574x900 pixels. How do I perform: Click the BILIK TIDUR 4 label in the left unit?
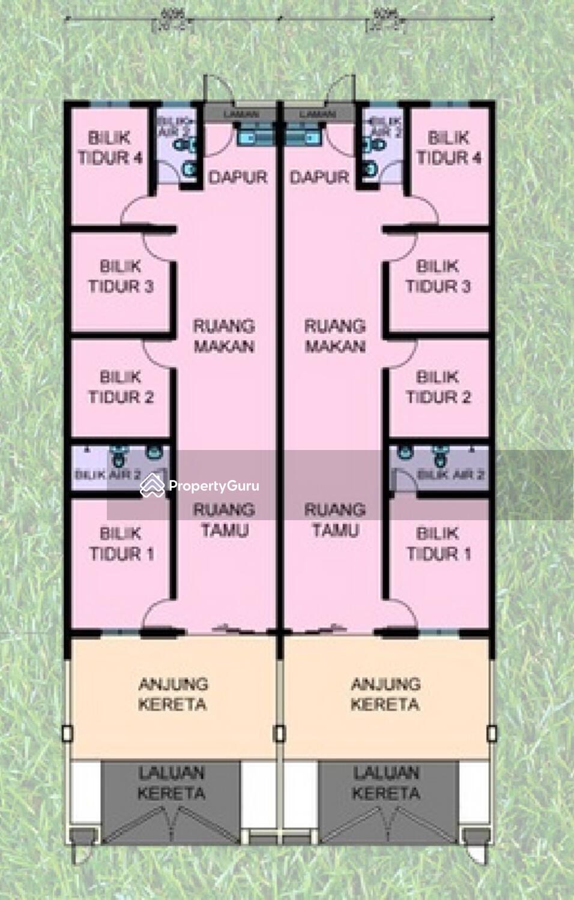pos(110,148)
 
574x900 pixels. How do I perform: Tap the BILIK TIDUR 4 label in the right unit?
pos(449,148)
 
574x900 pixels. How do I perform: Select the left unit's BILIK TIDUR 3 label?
pos(121,276)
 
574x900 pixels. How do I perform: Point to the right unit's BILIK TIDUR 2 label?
pos(438,387)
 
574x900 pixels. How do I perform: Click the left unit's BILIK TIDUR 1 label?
pos(121,543)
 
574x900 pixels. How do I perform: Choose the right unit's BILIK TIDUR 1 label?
pos(438,543)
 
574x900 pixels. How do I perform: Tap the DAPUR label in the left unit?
pos(238,177)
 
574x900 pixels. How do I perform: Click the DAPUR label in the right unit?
pos(319,177)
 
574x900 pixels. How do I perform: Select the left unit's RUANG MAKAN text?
pos(224,336)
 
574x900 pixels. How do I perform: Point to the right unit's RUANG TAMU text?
pos(335,520)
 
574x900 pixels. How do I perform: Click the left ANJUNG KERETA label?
pos(172,694)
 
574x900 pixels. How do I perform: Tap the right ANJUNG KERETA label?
pos(385,694)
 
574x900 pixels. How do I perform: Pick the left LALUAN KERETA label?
pos(171,783)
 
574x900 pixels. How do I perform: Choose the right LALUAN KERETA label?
pos(386,783)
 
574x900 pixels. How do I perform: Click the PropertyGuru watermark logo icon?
pos(152,485)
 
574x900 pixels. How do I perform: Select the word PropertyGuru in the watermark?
pos(214,486)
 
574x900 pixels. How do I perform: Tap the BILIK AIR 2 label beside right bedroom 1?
pos(450,475)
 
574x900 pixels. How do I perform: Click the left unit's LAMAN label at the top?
pos(241,114)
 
